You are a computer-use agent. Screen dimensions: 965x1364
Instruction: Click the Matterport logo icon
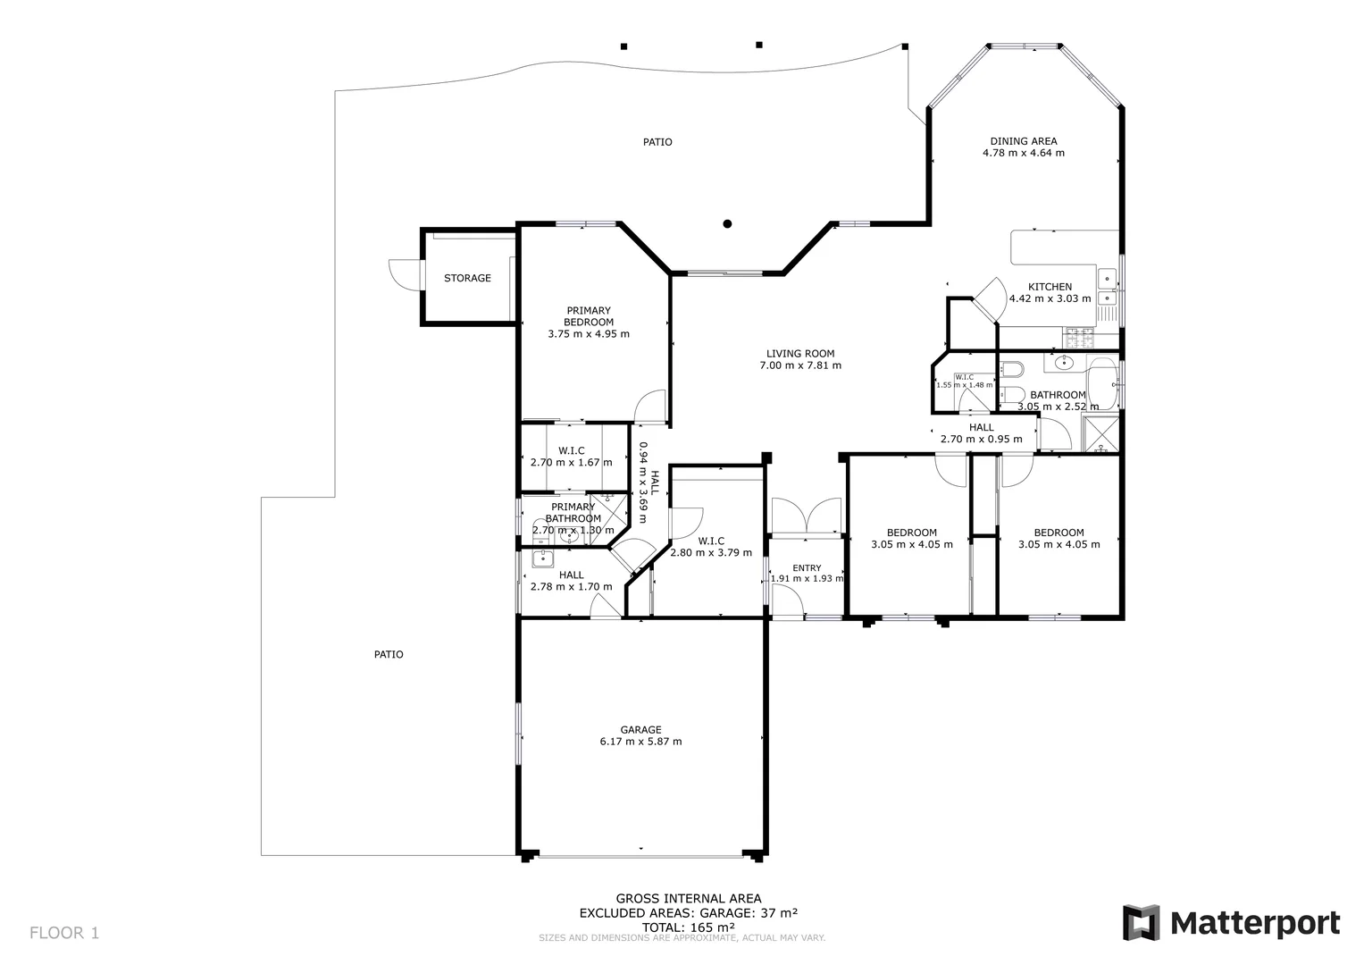pos(1141,922)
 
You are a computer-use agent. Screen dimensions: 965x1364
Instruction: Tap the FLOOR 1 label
pos(64,934)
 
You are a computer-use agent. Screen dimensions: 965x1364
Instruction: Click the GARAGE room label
pos(640,730)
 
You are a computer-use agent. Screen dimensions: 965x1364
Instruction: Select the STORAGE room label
pos(467,278)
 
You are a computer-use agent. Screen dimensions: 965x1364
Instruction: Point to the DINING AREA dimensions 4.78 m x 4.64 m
pos(1023,153)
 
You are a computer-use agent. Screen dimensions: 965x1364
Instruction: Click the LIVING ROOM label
pos(800,354)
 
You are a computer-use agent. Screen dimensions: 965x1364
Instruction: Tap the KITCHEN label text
pos(1050,287)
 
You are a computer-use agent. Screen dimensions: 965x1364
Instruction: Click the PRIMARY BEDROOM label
pos(588,316)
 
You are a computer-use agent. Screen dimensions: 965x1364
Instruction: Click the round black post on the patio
pos(728,223)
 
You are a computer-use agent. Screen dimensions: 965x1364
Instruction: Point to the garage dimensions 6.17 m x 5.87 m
pos(640,742)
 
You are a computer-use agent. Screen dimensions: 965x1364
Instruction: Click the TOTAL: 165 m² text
pos(688,927)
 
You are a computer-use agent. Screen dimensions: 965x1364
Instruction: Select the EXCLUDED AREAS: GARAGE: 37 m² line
pos(688,913)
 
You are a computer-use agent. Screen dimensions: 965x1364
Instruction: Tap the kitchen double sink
pos(1107,288)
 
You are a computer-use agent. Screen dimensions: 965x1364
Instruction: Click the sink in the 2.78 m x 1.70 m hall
pos(542,559)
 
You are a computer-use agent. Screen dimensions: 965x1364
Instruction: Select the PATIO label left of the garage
pos(388,655)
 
